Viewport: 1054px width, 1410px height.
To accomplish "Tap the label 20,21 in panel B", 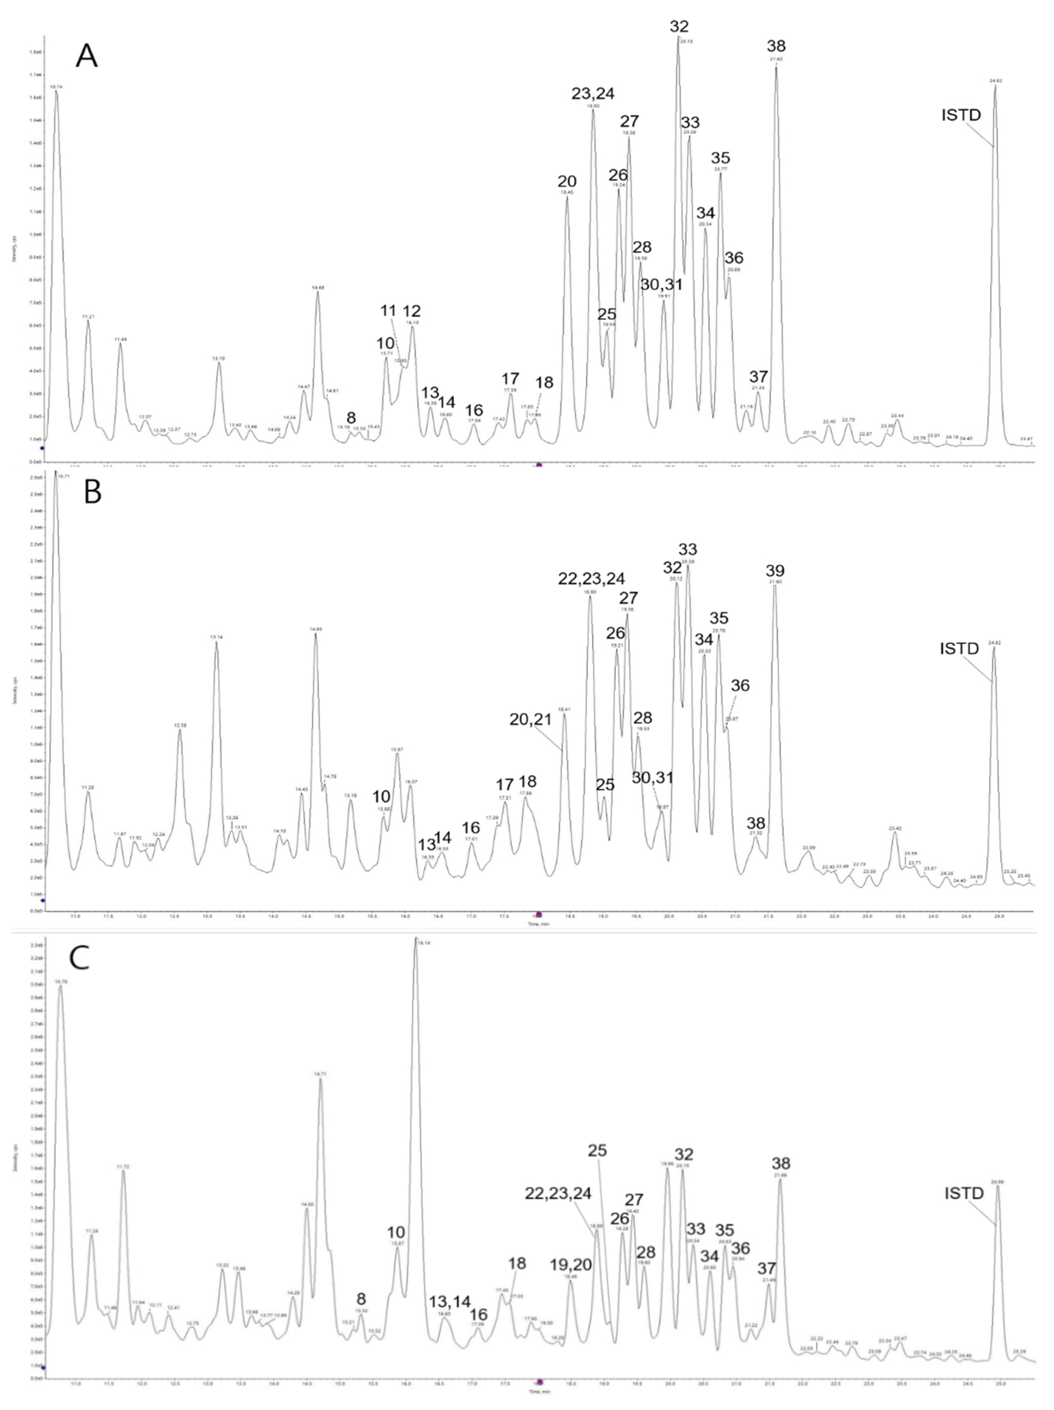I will [530, 720].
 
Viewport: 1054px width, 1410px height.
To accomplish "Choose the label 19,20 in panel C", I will [571, 1265].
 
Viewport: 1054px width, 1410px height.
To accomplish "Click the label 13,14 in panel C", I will [450, 1301].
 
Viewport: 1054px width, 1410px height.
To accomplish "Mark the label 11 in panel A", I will [388, 311].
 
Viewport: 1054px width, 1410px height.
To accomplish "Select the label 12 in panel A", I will [412, 311].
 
